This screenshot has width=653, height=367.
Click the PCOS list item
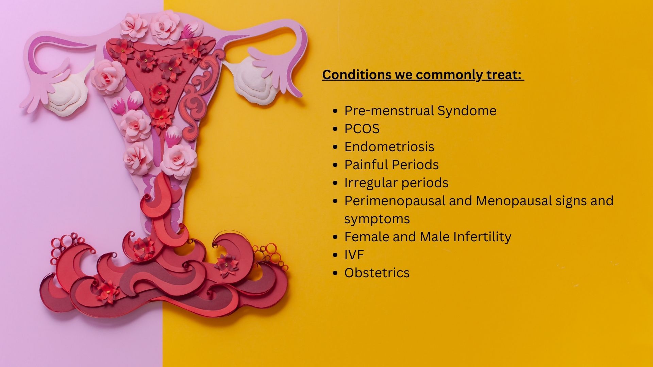point(362,129)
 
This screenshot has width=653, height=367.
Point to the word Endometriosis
point(389,147)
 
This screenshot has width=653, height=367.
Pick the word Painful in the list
point(366,165)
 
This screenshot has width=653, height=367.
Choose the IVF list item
point(354,255)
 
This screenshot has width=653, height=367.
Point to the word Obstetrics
point(377,273)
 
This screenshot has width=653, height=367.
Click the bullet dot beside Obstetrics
point(336,273)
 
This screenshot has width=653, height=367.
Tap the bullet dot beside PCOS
point(336,129)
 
